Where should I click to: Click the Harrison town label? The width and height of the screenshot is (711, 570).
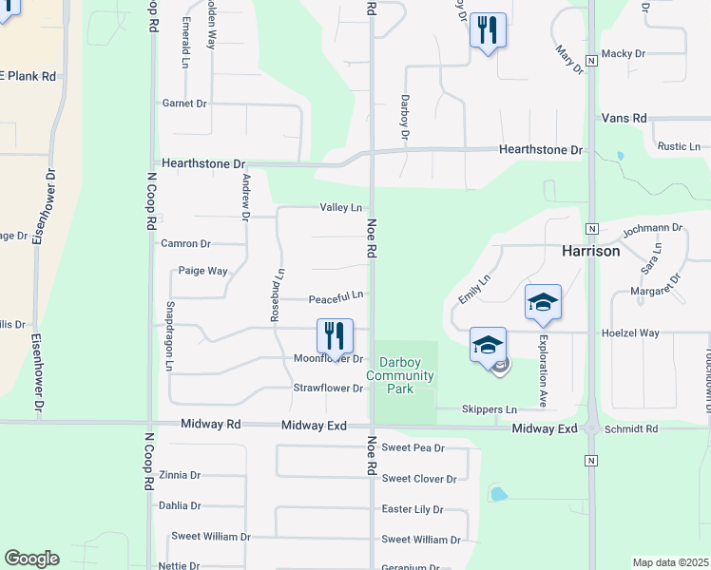coord(590,252)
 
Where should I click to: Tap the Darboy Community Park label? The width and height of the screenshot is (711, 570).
coord(407,375)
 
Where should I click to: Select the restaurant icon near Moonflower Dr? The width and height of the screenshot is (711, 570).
coord(335,336)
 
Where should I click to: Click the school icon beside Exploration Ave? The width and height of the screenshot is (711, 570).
coord(543,302)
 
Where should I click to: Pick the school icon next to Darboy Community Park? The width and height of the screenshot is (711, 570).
coord(488,345)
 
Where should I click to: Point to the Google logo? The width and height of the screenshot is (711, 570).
coord(31,559)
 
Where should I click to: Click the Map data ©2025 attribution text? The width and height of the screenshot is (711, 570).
coord(670,562)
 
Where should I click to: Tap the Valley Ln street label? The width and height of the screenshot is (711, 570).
coord(341,207)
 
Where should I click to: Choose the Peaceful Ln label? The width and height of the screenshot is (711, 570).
coord(336,298)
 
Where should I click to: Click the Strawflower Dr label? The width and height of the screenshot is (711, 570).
coord(328,388)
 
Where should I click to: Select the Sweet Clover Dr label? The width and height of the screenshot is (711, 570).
coord(419,479)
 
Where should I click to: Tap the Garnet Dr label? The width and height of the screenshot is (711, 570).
coord(184,103)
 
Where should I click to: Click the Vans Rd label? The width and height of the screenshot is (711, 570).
coord(624,118)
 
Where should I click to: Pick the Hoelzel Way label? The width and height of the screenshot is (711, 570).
coord(630,333)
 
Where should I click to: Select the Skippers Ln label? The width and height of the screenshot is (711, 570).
coord(489,409)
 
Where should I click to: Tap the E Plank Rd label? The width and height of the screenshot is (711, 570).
coord(28,75)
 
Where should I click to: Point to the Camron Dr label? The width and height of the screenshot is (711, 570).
coord(185,244)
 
